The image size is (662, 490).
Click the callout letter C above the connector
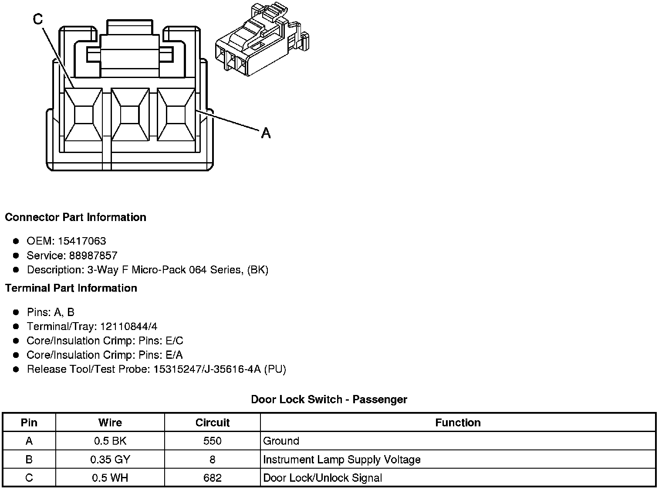click(x=38, y=19)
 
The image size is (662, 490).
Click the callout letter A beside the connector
click(x=266, y=133)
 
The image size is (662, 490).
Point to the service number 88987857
click(x=93, y=255)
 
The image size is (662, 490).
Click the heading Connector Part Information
click(x=76, y=217)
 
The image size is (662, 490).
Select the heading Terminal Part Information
click(x=71, y=288)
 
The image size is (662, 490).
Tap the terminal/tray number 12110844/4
click(x=129, y=326)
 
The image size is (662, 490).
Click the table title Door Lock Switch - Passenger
click(x=329, y=399)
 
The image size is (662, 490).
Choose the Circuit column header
click(x=212, y=422)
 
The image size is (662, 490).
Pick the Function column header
click(x=458, y=422)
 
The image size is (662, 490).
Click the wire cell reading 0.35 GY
click(x=110, y=459)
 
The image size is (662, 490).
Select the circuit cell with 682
click(x=212, y=478)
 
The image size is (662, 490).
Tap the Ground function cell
click(x=281, y=441)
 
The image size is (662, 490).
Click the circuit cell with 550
click(x=212, y=441)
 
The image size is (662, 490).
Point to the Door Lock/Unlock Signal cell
click(x=323, y=478)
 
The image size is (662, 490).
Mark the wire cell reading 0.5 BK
click(x=110, y=441)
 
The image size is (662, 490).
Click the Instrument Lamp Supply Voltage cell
click(x=342, y=459)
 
